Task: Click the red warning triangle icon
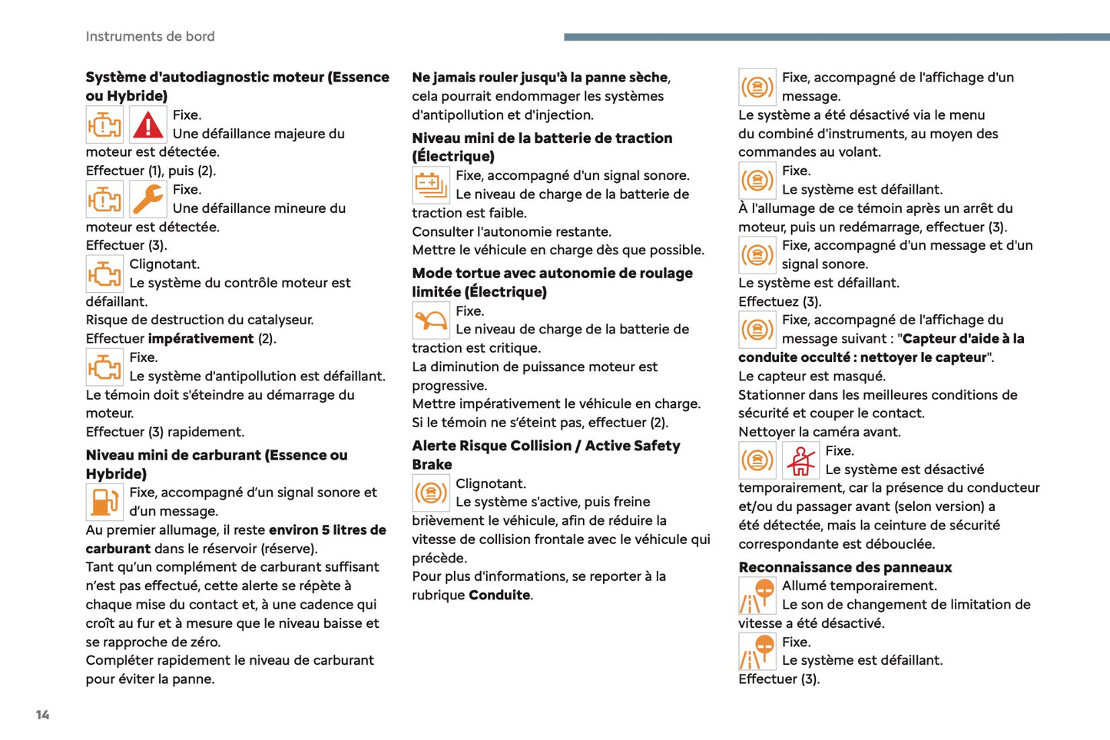(147, 124)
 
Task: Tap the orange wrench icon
(147, 199)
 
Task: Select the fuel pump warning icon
(104, 502)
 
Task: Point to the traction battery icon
(430, 184)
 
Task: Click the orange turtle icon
(430, 320)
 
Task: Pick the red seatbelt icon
(800, 460)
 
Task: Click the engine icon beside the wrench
(104, 199)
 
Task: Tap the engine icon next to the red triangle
(104, 124)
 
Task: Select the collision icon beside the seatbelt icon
(757, 460)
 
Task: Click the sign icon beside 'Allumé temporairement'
(757, 595)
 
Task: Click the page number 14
(42, 715)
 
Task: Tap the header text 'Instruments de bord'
(150, 36)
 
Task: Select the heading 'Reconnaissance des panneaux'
(845, 567)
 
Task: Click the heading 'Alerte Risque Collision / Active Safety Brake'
(545, 446)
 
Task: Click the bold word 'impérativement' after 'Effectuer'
(200, 339)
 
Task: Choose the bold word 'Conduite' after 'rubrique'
(499, 596)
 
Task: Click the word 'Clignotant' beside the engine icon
(164, 264)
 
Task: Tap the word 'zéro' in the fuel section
(204, 642)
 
